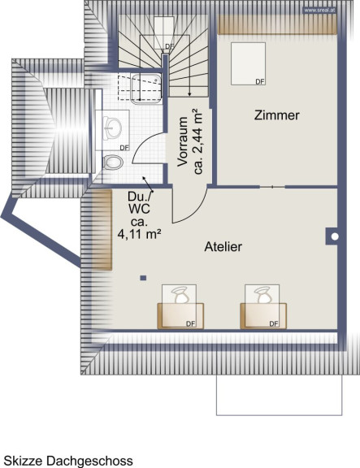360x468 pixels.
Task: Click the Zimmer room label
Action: click(x=277, y=115)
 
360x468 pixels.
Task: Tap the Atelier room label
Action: click(x=223, y=247)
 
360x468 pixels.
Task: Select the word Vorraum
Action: click(x=182, y=141)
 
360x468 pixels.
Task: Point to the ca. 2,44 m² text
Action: click(x=197, y=141)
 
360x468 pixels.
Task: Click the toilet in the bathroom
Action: click(x=113, y=162)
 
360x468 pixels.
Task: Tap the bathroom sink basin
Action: click(x=112, y=127)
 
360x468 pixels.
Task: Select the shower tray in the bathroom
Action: click(x=146, y=89)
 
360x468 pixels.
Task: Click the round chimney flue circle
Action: click(x=335, y=236)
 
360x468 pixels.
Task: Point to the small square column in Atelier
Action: click(x=143, y=278)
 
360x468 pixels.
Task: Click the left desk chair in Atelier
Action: click(x=180, y=295)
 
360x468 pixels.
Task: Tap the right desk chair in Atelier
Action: click(x=262, y=295)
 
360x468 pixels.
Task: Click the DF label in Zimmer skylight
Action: click(x=260, y=81)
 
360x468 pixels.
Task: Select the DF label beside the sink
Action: click(x=124, y=147)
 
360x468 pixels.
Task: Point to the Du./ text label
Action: click(x=140, y=196)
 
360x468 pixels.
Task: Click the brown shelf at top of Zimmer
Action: click(x=277, y=24)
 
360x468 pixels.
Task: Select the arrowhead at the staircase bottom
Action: click(x=189, y=94)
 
